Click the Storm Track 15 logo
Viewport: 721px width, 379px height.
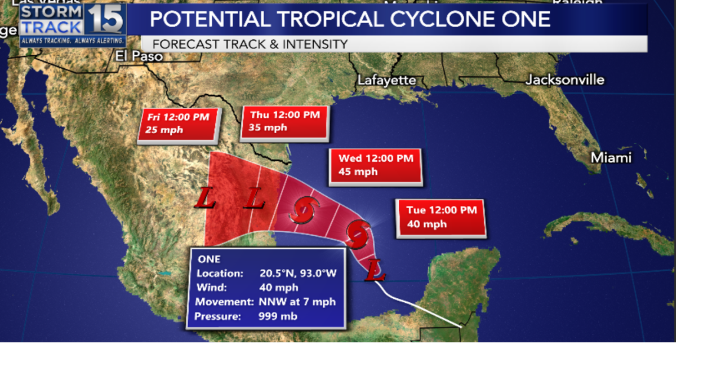tap(73, 24)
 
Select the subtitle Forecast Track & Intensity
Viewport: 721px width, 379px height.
tap(250, 44)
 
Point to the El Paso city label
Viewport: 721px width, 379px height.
tap(139, 56)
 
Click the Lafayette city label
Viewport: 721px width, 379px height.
tap(386, 80)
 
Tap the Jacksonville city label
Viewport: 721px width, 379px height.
tap(564, 80)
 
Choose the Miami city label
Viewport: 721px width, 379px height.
tap(611, 158)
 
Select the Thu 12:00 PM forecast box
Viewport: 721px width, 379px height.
tap(284, 122)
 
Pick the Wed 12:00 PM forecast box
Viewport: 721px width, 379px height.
tap(376, 165)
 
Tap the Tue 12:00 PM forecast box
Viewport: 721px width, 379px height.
tap(441, 217)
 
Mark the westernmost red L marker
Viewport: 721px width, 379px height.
tap(206, 199)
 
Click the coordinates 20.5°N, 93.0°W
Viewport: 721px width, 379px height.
tap(298, 274)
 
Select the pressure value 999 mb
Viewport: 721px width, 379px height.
tap(278, 316)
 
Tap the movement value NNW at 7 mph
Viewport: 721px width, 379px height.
tap(297, 302)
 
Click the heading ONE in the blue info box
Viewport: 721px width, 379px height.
tap(209, 259)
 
